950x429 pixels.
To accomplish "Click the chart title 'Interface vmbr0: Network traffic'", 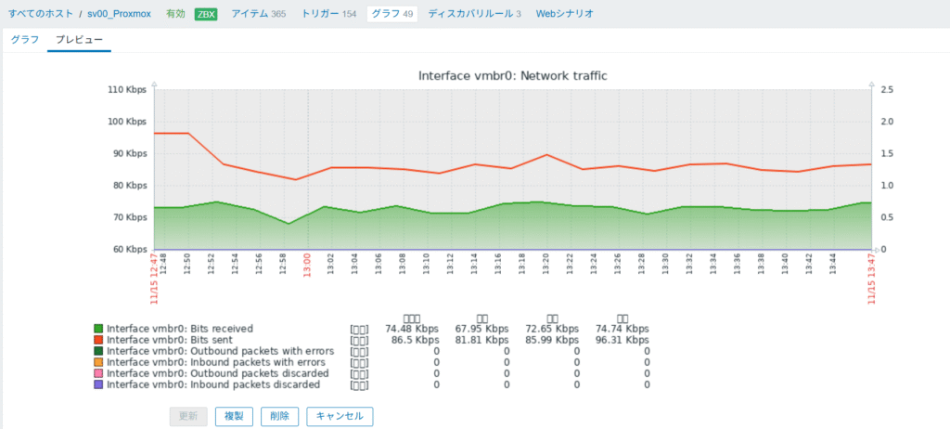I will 512,75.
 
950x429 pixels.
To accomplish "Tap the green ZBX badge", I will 205,14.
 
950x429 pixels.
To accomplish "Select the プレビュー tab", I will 79,40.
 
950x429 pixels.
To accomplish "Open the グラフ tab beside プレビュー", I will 25,40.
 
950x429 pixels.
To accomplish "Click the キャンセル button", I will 340,416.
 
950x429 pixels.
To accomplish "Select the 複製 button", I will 234,416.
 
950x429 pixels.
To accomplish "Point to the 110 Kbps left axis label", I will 128,90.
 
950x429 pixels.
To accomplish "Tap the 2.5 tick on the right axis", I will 888,90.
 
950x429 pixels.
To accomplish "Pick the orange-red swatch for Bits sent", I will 98,340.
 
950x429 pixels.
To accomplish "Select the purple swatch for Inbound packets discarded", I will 98,384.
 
